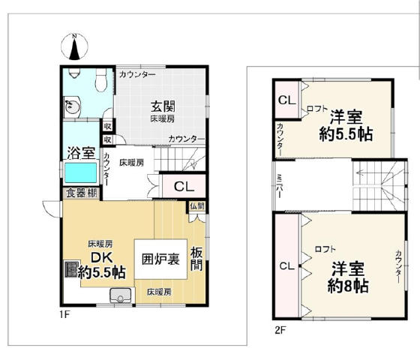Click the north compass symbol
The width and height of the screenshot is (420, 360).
[74, 46]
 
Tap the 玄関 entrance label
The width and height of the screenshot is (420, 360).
[163, 106]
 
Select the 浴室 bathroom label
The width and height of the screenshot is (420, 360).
[81, 153]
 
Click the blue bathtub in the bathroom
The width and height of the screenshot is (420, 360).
[81, 172]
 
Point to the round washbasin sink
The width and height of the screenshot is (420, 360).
[72, 106]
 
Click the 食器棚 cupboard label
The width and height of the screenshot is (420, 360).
[82, 193]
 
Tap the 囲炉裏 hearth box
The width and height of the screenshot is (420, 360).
[160, 259]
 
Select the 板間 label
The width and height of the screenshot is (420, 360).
[196, 259]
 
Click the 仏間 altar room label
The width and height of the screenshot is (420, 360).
[197, 206]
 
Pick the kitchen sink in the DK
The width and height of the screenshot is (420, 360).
[121, 295]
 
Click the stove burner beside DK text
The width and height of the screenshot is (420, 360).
[71, 269]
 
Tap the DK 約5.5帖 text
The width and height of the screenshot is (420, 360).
[102, 265]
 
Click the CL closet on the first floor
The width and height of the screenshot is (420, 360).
[184, 186]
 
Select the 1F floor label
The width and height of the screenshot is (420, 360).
[64, 314]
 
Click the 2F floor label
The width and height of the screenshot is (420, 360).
[280, 330]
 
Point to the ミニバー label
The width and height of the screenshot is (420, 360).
[279, 186]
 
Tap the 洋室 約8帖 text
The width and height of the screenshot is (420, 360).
[348, 277]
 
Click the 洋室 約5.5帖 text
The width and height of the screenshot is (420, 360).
[346, 125]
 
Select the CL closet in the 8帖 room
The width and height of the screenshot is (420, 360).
[286, 266]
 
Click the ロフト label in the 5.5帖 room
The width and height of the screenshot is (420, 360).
[318, 109]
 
